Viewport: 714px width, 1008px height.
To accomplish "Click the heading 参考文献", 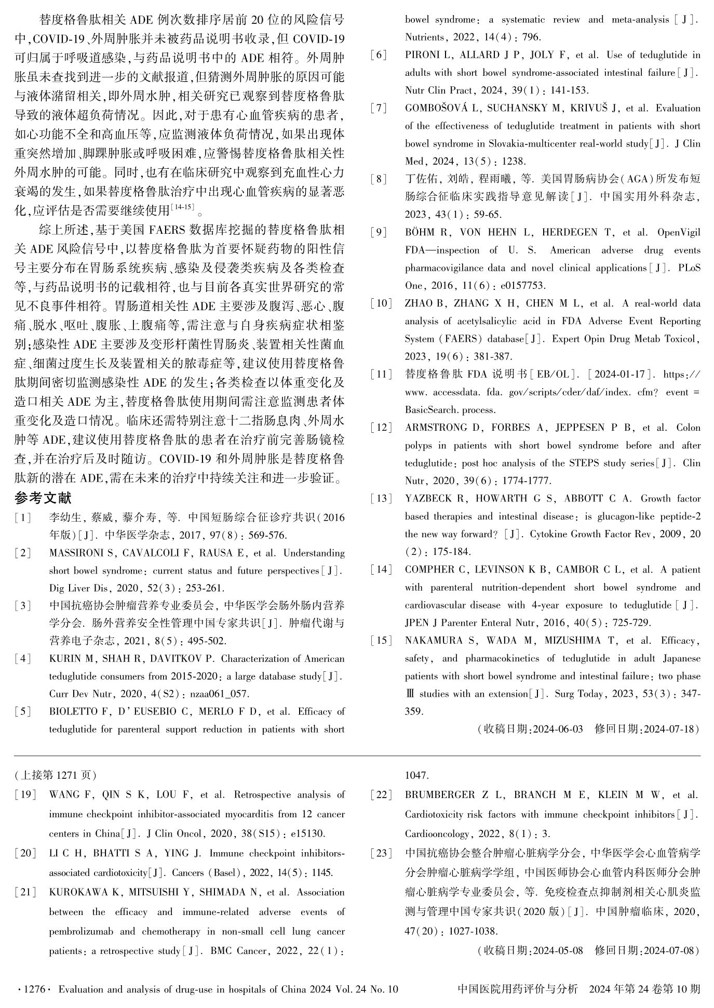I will [x=43, y=498].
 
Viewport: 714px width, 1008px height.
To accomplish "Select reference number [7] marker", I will [x=379, y=109].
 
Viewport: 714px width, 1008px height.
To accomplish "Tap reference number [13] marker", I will [x=381, y=499].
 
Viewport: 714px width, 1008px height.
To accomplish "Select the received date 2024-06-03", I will [x=558, y=730].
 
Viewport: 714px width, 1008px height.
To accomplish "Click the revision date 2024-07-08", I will [x=669, y=951].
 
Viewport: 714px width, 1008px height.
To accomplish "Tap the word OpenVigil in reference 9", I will [x=678, y=232].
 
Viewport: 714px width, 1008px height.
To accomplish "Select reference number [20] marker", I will [x=25, y=854].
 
